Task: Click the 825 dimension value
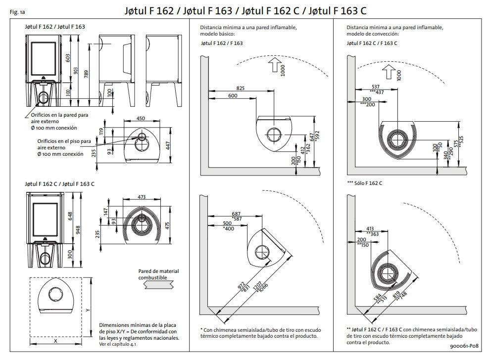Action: coord(240,88)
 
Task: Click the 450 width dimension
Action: coord(141,119)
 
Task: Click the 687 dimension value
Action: coord(237,214)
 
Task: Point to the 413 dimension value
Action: coord(370,228)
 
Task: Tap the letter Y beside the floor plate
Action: coord(88,310)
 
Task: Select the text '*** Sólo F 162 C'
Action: coord(365,183)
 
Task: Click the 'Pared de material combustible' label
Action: coord(158,274)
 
